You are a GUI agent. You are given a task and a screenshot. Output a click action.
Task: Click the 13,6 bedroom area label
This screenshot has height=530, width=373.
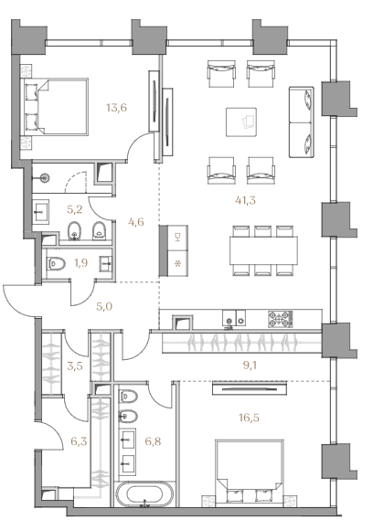pyautogui.click(x=116, y=108)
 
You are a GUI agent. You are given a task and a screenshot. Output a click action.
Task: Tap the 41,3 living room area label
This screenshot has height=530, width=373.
pyautogui.click(x=245, y=200)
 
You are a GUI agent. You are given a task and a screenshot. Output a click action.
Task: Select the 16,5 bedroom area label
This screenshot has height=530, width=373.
pyautogui.click(x=249, y=419)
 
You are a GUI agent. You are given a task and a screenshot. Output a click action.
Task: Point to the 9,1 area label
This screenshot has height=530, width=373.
pyautogui.click(x=250, y=365)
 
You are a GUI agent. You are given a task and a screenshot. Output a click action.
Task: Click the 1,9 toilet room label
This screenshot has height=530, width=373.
pyautogui.click(x=80, y=262)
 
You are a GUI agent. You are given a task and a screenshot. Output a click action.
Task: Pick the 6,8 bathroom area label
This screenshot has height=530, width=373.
pyautogui.click(x=152, y=441)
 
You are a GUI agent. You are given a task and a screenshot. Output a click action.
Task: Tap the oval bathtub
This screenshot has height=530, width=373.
pyautogui.click(x=144, y=495)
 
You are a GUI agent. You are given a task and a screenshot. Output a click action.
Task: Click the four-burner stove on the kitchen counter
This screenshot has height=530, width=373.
pyautogui.click(x=281, y=319)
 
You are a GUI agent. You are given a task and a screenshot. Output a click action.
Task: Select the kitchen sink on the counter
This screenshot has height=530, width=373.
pyautogui.click(x=229, y=319)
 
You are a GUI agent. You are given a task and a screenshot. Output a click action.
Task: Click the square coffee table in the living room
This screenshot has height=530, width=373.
pyautogui.click(x=241, y=122)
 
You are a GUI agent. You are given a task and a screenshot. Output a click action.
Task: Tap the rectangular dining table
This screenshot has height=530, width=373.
pyautogui.click(x=264, y=250)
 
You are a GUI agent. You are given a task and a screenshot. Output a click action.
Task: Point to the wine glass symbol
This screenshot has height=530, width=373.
pyautogui.click(x=176, y=238)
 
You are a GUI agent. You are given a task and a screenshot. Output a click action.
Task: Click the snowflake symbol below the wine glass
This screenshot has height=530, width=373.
pyautogui.click(x=176, y=264)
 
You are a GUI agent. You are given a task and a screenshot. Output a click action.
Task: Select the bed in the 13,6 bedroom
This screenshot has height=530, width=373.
pyautogui.click(x=55, y=107)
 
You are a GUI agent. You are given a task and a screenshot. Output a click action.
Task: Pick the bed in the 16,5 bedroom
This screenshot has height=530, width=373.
pyautogui.click(x=250, y=473)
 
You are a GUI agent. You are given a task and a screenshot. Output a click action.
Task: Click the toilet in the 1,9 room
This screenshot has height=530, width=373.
pyautogui.click(x=57, y=263)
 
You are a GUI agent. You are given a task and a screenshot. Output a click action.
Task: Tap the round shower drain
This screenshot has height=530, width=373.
pyautogui.click(x=44, y=176)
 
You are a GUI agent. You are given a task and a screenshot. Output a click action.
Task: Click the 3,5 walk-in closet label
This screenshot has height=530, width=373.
pyautogui.click(x=75, y=366)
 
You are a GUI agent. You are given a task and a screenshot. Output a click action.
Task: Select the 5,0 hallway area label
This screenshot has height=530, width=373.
pyautogui.click(x=104, y=306)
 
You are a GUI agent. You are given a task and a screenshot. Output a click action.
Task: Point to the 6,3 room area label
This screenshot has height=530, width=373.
pyautogui.click(x=79, y=441)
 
